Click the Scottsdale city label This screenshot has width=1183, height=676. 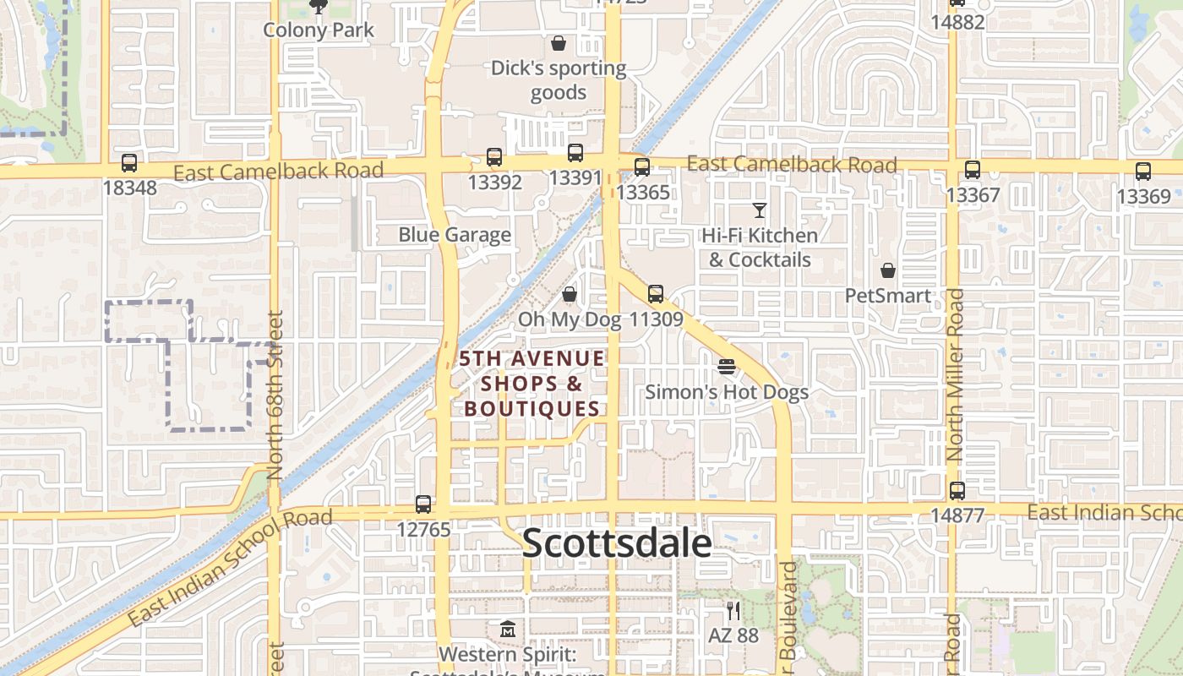pyautogui.click(x=617, y=542)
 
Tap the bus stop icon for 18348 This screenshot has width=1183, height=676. pyautogui.click(x=129, y=163)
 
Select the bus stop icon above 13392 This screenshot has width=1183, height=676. pyautogui.click(x=494, y=157)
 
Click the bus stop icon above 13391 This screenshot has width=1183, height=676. pyautogui.click(x=575, y=153)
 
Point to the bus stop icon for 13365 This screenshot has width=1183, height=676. pyautogui.click(x=642, y=166)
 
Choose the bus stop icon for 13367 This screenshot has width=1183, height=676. pyautogui.click(x=973, y=169)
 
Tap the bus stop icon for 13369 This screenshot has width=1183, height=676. pyautogui.click(x=1143, y=171)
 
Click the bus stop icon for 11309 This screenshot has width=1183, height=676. pyautogui.click(x=656, y=294)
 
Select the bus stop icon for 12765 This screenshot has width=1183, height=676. pyautogui.click(x=423, y=504)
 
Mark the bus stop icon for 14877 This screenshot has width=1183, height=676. pyautogui.click(x=957, y=490)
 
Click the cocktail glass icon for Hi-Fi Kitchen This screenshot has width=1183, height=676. pyautogui.click(x=760, y=210)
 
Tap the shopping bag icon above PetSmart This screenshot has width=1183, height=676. pyautogui.click(x=888, y=270)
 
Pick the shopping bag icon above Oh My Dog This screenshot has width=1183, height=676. pyautogui.click(x=570, y=294)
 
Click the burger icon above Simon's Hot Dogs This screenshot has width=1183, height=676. pyautogui.click(x=727, y=367)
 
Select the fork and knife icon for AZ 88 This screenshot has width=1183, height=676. pyautogui.click(x=733, y=610)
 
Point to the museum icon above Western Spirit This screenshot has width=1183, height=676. pyautogui.click(x=507, y=630)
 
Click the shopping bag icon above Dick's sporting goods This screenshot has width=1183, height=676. pyautogui.click(x=559, y=43)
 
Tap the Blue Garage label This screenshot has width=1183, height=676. pyautogui.click(x=455, y=235)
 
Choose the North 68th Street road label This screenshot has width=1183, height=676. pyautogui.click(x=275, y=395)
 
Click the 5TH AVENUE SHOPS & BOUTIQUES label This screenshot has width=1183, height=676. pyautogui.click(x=532, y=384)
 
